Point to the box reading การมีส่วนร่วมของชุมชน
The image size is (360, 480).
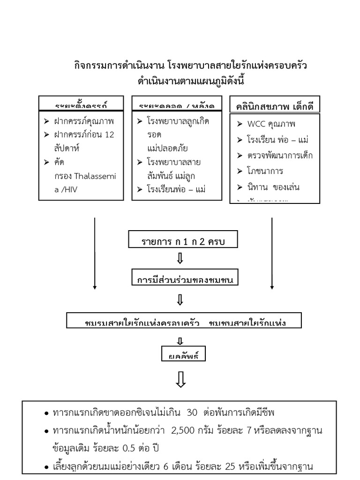pyautogui.click(x=185, y=280)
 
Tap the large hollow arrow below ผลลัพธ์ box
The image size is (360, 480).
pyautogui.click(x=181, y=380)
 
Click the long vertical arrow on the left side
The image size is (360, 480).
pyautogui.click(x=95, y=253)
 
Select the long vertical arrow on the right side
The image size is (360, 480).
pyautogui.click(x=272, y=253)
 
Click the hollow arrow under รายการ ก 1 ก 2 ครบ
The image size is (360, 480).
pyautogui.click(x=180, y=259)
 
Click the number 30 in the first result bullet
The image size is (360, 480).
pyautogui.click(x=192, y=413)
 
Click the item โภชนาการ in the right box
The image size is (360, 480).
pyautogui.click(x=266, y=171)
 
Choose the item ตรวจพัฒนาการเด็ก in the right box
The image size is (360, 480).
pyautogui.click(x=280, y=156)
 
